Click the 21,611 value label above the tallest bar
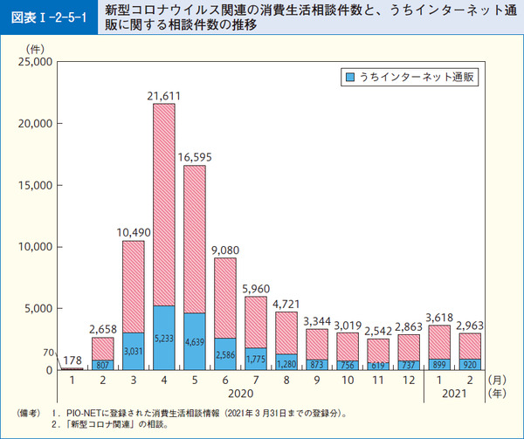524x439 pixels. tap(163, 94)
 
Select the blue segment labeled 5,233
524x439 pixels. tap(163, 338)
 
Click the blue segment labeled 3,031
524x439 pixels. tap(134, 351)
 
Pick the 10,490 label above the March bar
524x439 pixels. tap(134, 230)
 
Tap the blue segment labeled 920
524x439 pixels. tap(470, 364)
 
